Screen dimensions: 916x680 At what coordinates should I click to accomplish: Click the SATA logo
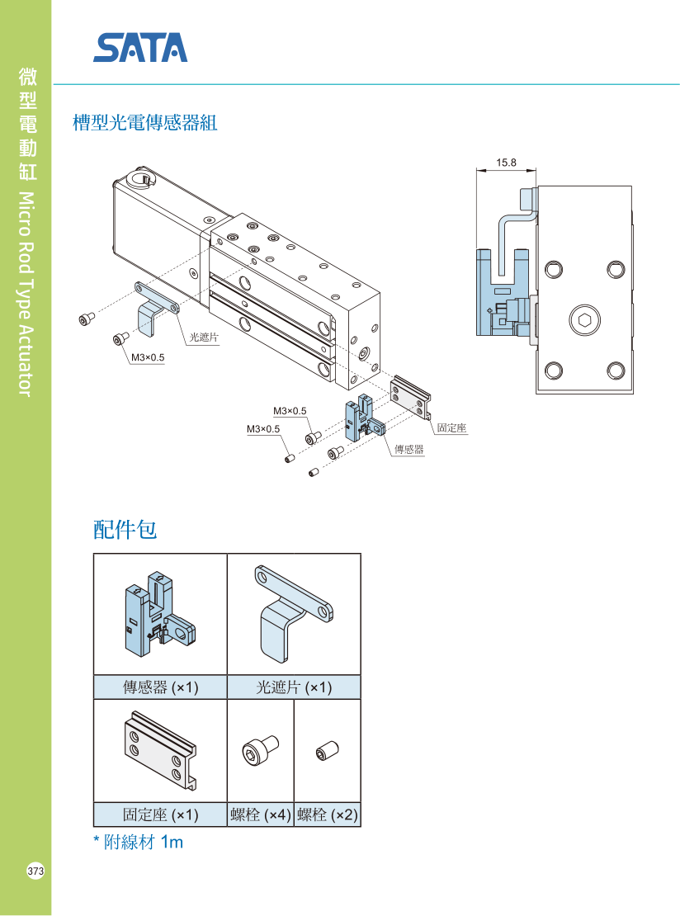click(x=140, y=48)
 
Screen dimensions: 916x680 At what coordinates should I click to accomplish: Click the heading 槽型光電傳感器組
click(x=145, y=124)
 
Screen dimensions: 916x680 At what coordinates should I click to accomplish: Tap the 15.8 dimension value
click(x=506, y=163)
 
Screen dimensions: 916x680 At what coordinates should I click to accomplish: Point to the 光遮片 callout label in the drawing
click(x=204, y=337)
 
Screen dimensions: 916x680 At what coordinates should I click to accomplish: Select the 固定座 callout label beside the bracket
click(x=451, y=428)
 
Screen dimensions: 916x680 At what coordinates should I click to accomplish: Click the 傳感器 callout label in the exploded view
click(x=408, y=450)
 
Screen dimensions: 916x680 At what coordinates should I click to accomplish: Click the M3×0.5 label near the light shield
click(x=148, y=357)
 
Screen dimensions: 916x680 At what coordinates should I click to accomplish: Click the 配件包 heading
click(x=125, y=530)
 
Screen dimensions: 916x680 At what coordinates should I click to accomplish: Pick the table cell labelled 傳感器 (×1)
click(x=160, y=687)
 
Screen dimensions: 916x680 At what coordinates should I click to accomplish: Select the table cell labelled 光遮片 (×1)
click(x=294, y=687)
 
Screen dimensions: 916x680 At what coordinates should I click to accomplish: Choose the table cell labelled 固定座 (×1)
click(x=160, y=814)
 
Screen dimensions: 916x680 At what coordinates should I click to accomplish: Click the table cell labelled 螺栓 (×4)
click(x=260, y=814)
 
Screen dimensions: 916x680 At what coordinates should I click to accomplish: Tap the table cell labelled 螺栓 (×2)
click(x=328, y=814)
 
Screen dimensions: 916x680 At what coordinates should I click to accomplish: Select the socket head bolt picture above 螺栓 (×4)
click(x=259, y=751)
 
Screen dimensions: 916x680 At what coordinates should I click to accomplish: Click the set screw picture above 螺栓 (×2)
click(x=327, y=752)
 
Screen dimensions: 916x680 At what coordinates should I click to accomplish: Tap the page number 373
click(x=35, y=871)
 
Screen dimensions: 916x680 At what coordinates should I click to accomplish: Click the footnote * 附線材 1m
click(x=138, y=843)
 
